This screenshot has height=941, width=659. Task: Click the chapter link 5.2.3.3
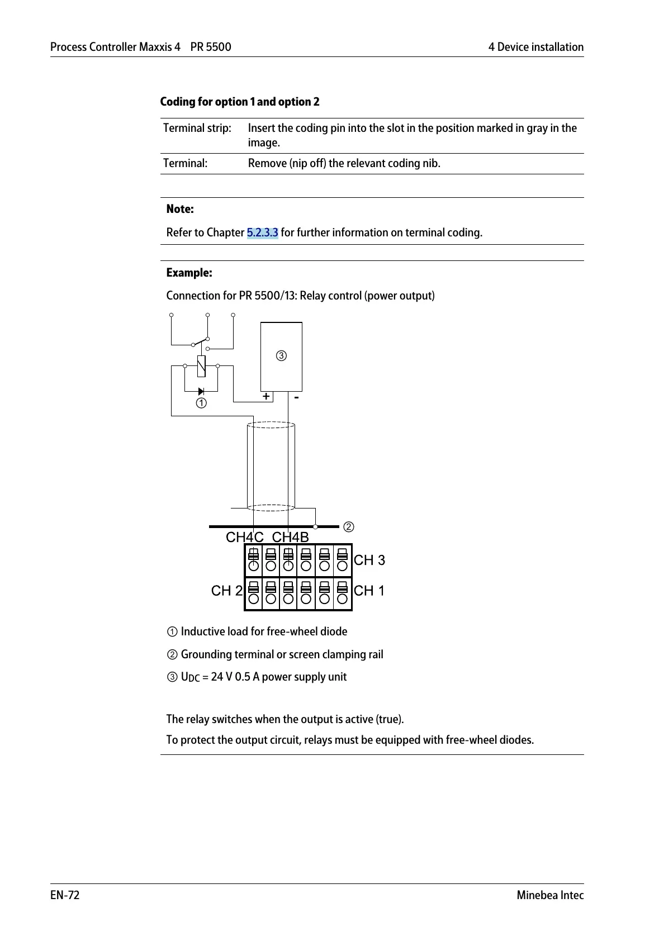coord(262,232)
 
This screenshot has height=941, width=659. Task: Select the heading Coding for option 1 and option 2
coord(240,102)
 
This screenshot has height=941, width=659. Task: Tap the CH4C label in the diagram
coord(244,537)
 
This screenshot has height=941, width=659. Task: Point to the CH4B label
coord(290,537)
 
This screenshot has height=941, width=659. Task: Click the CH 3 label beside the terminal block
coord(369,560)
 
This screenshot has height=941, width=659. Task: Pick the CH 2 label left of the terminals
coord(227,591)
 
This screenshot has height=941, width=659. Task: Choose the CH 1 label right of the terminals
coord(369,591)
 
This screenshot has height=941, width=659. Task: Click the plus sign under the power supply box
coord(266,396)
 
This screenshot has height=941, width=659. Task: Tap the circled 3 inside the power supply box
coord(282,355)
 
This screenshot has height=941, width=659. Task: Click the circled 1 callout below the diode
coord(201,403)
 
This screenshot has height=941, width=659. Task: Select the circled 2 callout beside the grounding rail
coord(348,527)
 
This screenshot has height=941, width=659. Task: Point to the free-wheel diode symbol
coord(201,391)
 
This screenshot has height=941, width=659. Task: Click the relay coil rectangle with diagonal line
coord(201,366)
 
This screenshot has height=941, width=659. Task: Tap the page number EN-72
coord(65,895)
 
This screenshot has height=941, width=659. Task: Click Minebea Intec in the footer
coord(549,895)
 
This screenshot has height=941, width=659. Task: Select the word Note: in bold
coord(180,209)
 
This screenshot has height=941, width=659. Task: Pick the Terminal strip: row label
coord(197,128)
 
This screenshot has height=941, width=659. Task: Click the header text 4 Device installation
coord(535,47)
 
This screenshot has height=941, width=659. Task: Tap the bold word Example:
coord(189,273)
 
